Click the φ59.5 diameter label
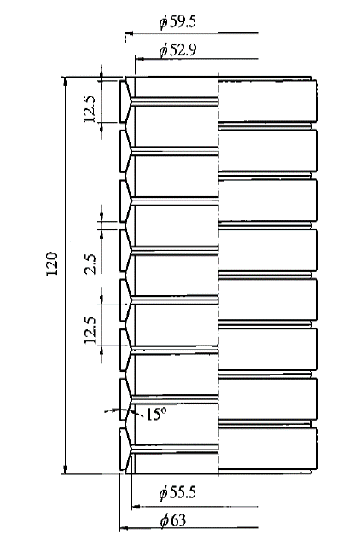pos(177,22)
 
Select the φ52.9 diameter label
pos(177,50)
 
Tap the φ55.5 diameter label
pos(177,492)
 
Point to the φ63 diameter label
pos(173,520)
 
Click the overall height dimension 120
pos(52,264)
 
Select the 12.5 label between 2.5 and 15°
pos(90,330)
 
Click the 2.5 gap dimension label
pos(90,264)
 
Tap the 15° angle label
pos(156,414)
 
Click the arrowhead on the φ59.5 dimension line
pos(129,33)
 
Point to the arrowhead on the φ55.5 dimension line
pos(136,506)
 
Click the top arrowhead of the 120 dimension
pos(65,81)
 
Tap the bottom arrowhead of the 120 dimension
pos(65,469)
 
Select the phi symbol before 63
pos(165,521)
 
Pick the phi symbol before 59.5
pos(163,23)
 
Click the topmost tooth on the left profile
pos(125,102)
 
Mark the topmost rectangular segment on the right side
pos(267,101)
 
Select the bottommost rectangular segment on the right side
pos(267,448)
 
